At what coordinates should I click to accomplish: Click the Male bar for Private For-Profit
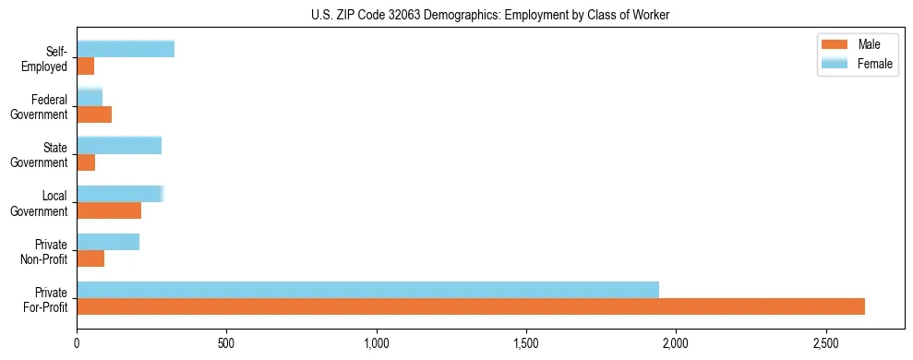click(x=471, y=306)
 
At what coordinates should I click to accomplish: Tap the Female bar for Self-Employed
click(x=126, y=50)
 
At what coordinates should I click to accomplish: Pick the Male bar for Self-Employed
click(x=86, y=66)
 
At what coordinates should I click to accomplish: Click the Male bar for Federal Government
click(x=94, y=114)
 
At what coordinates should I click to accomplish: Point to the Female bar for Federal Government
click(x=90, y=98)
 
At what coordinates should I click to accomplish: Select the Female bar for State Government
click(x=119, y=146)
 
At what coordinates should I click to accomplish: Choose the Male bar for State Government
click(x=86, y=162)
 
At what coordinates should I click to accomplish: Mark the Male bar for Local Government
click(x=109, y=210)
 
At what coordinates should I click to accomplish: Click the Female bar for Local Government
click(x=120, y=194)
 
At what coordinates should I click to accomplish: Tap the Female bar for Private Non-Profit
click(x=108, y=242)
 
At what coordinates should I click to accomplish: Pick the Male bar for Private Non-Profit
click(x=90, y=258)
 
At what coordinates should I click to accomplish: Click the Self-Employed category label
click(x=49, y=58)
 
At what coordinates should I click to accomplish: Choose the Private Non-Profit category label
click(x=47, y=250)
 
